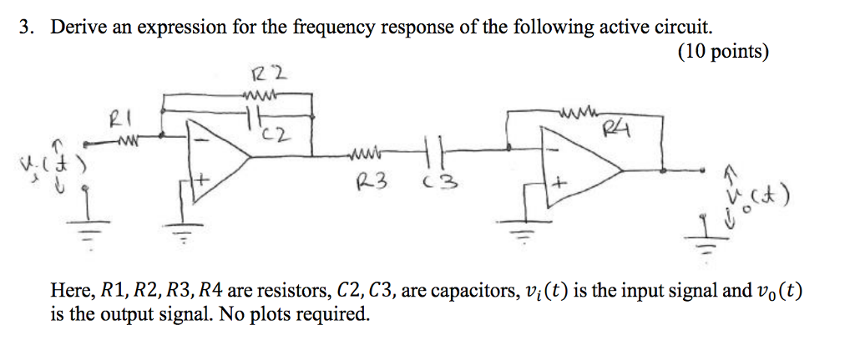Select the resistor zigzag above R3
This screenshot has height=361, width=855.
click(365, 152)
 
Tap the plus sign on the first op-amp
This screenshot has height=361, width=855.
click(201, 178)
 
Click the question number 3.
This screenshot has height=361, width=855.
click(28, 27)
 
